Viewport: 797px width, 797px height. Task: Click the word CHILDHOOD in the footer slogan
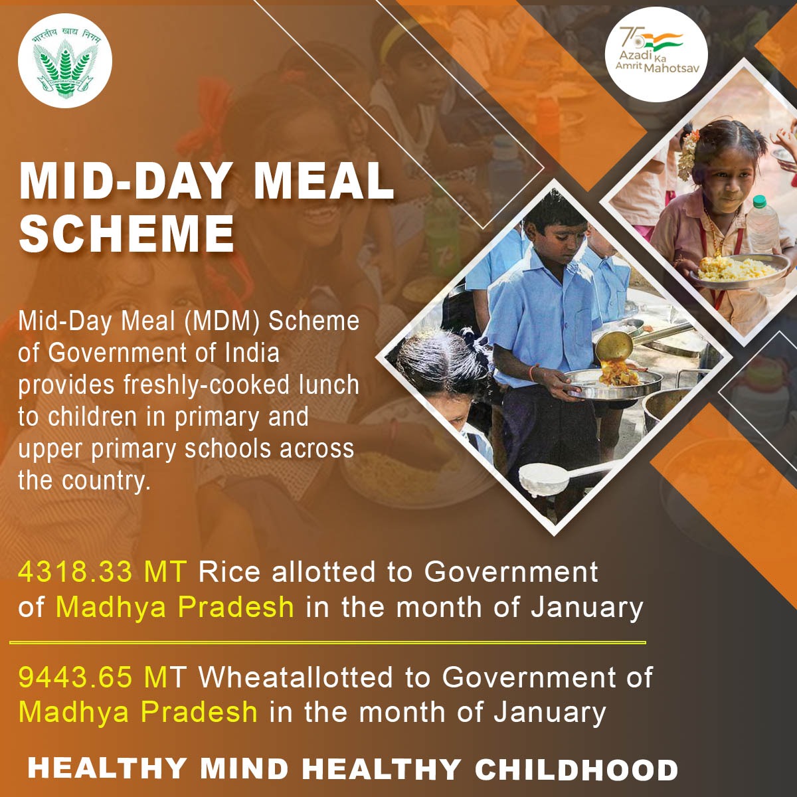point(576,769)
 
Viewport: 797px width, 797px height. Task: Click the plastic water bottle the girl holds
point(763,229)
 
